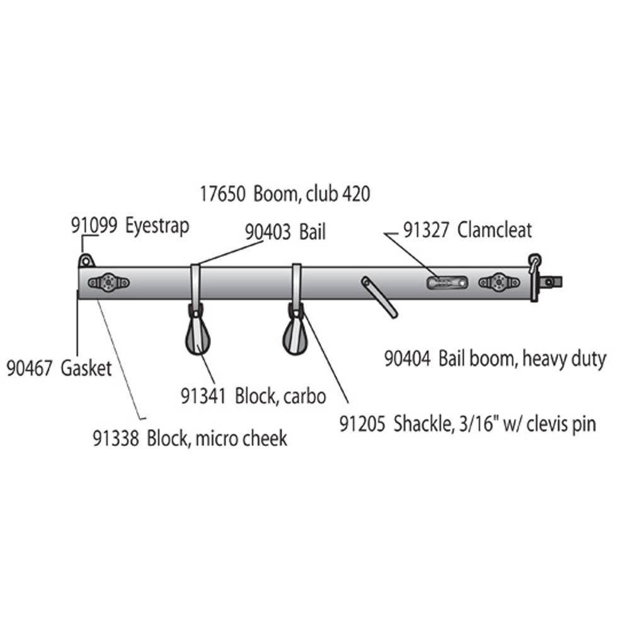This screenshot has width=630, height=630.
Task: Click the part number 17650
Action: click(222, 194)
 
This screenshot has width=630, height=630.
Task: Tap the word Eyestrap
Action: click(157, 226)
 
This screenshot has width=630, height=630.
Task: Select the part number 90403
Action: click(268, 232)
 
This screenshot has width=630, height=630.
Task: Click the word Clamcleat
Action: click(495, 230)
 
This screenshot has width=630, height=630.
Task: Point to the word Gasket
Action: click(86, 369)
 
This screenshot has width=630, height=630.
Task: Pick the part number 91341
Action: click(203, 396)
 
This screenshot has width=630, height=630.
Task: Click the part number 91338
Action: click(116, 438)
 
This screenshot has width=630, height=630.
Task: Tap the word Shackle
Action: click(422, 424)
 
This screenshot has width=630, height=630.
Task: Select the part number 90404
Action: click(408, 358)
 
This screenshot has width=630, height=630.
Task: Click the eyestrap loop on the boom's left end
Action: click(86, 261)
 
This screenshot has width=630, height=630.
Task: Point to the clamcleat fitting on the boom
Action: click(447, 283)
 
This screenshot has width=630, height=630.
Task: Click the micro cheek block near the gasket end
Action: click(108, 283)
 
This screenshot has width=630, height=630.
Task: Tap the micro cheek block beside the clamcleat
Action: click(499, 283)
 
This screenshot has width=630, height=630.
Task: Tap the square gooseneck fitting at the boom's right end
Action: click(551, 282)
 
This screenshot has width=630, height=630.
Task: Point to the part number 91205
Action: click(362, 424)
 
